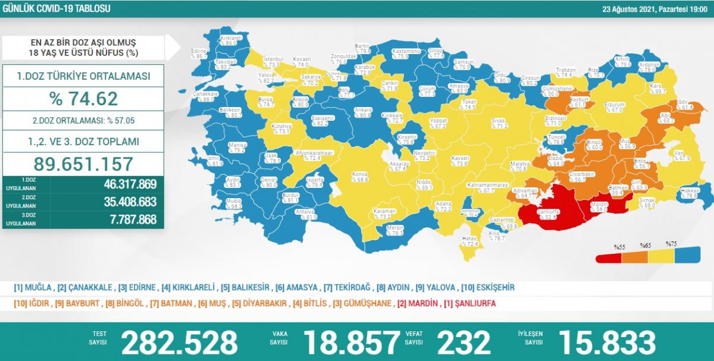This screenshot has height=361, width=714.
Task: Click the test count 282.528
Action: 179,343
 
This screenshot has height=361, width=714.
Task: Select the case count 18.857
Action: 351,343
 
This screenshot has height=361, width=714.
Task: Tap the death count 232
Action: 464,343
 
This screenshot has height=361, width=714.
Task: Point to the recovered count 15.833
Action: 606,343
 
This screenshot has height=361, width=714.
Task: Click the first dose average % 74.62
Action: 83,98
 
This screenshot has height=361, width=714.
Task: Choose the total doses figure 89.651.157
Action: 83,164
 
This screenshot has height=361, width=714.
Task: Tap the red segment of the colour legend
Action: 609,257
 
